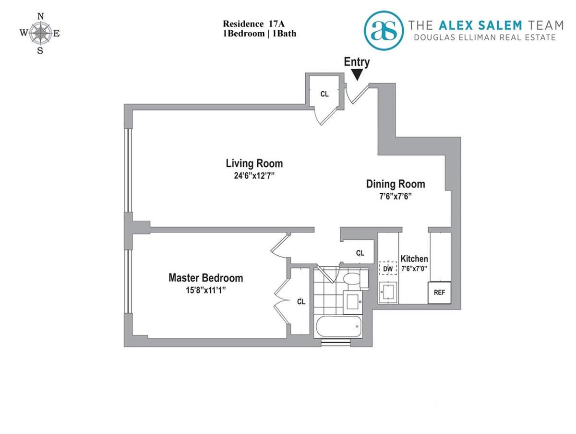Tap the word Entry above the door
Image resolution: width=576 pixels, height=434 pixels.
pyautogui.click(x=357, y=62)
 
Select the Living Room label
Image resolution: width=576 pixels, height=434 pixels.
pyautogui.click(x=254, y=163)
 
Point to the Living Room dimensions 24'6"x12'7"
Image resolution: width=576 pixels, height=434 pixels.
pyautogui.click(x=254, y=175)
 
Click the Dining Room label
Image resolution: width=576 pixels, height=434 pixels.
pyautogui.click(x=396, y=184)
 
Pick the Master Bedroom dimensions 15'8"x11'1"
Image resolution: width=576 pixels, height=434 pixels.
pyautogui.click(x=205, y=290)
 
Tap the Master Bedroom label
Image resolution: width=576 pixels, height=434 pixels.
pyautogui.click(x=205, y=278)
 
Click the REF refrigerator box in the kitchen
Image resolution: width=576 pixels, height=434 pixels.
pyautogui.click(x=439, y=292)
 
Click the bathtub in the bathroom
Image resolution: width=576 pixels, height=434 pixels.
pyautogui.click(x=337, y=329)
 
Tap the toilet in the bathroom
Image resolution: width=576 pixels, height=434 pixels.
pyautogui.click(x=353, y=280)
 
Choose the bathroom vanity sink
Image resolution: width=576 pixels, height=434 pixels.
pyautogui.click(x=355, y=301)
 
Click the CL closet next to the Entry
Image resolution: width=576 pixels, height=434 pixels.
pyautogui.click(x=324, y=94)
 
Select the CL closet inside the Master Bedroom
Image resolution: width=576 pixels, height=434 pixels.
pyautogui.click(x=301, y=302)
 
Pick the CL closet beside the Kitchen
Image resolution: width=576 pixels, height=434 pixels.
pyautogui.click(x=360, y=253)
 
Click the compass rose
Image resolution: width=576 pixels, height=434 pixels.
pyautogui.click(x=40, y=33)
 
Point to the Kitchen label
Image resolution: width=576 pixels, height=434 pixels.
pyautogui.click(x=414, y=259)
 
